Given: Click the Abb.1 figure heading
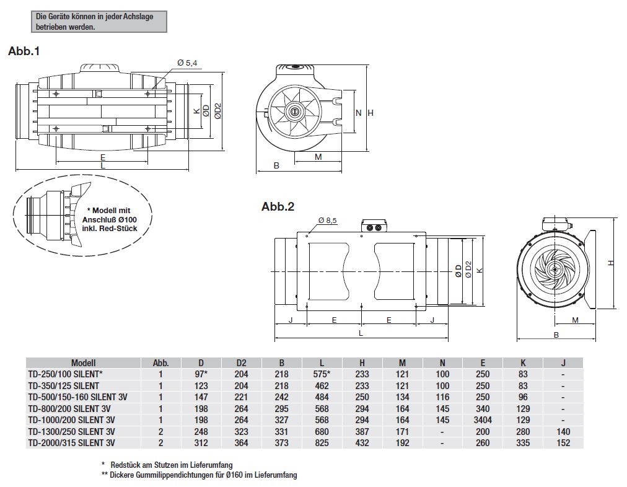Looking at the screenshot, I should (24, 51).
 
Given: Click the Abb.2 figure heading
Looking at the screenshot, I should (278, 207).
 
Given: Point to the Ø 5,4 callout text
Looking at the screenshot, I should (186, 63).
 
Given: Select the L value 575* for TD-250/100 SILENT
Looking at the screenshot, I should (322, 374).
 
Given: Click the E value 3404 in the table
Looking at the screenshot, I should (483, 420).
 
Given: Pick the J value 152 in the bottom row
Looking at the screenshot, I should (563, 443).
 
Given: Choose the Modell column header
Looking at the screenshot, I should (84, 363).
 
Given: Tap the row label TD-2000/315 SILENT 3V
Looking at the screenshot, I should (71, 443).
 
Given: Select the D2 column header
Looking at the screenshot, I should (242, 363).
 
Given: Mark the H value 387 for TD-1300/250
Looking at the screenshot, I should (362, 432).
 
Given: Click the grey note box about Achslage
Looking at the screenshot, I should (99, 22).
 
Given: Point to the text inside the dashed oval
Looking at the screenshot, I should (108, 219).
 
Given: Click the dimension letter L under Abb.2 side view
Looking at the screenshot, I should (361, 333).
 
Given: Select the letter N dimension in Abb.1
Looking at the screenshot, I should (358, 113).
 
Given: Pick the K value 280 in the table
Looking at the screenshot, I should (523, 432).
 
